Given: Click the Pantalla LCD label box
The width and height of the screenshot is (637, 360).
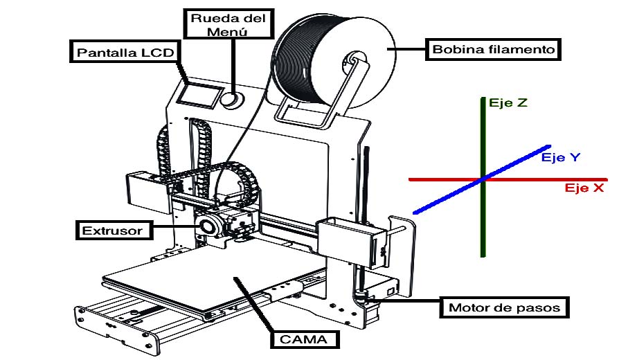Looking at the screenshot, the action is tap(125, 52).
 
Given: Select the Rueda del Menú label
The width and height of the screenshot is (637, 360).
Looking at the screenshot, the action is tap(228, 24).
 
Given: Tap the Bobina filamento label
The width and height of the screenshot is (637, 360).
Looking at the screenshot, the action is tap(493, 50).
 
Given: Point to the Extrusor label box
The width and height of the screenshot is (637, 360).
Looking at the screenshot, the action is tap(114, 231).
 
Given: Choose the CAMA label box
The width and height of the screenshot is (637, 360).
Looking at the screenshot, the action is tap(304, 339).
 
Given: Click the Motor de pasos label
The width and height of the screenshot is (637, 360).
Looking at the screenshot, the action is tap(504, 307).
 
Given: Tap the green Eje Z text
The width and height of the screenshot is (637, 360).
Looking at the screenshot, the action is tap(508, 102).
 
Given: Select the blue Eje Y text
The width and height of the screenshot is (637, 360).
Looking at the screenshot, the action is tap(561, 157).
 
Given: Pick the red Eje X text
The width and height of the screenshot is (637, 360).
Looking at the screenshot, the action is tap(584, 188).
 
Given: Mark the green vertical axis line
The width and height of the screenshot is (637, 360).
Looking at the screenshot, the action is tap(483, 177).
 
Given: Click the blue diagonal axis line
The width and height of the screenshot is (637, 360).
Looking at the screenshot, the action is tap(482, 179).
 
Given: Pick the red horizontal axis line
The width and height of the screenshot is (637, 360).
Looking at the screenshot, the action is tap(508, 179).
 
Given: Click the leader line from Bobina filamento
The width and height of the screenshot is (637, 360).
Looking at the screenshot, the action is tap(406, 49).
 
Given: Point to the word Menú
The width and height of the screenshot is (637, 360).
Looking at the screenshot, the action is tap(227, 32).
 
